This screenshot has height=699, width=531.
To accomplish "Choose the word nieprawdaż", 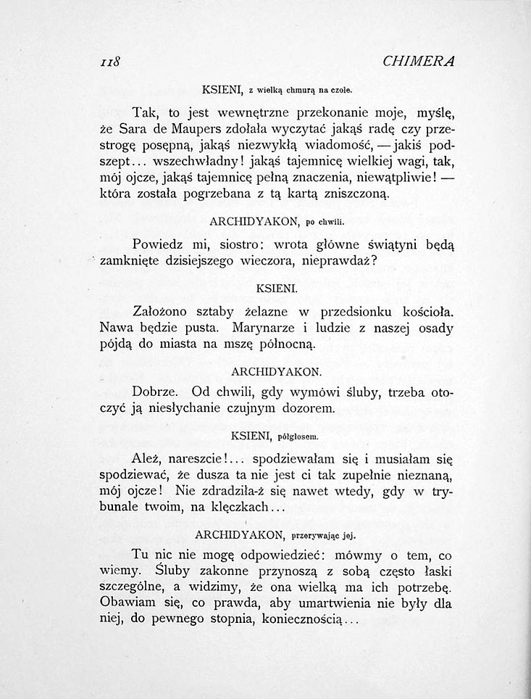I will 341,259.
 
